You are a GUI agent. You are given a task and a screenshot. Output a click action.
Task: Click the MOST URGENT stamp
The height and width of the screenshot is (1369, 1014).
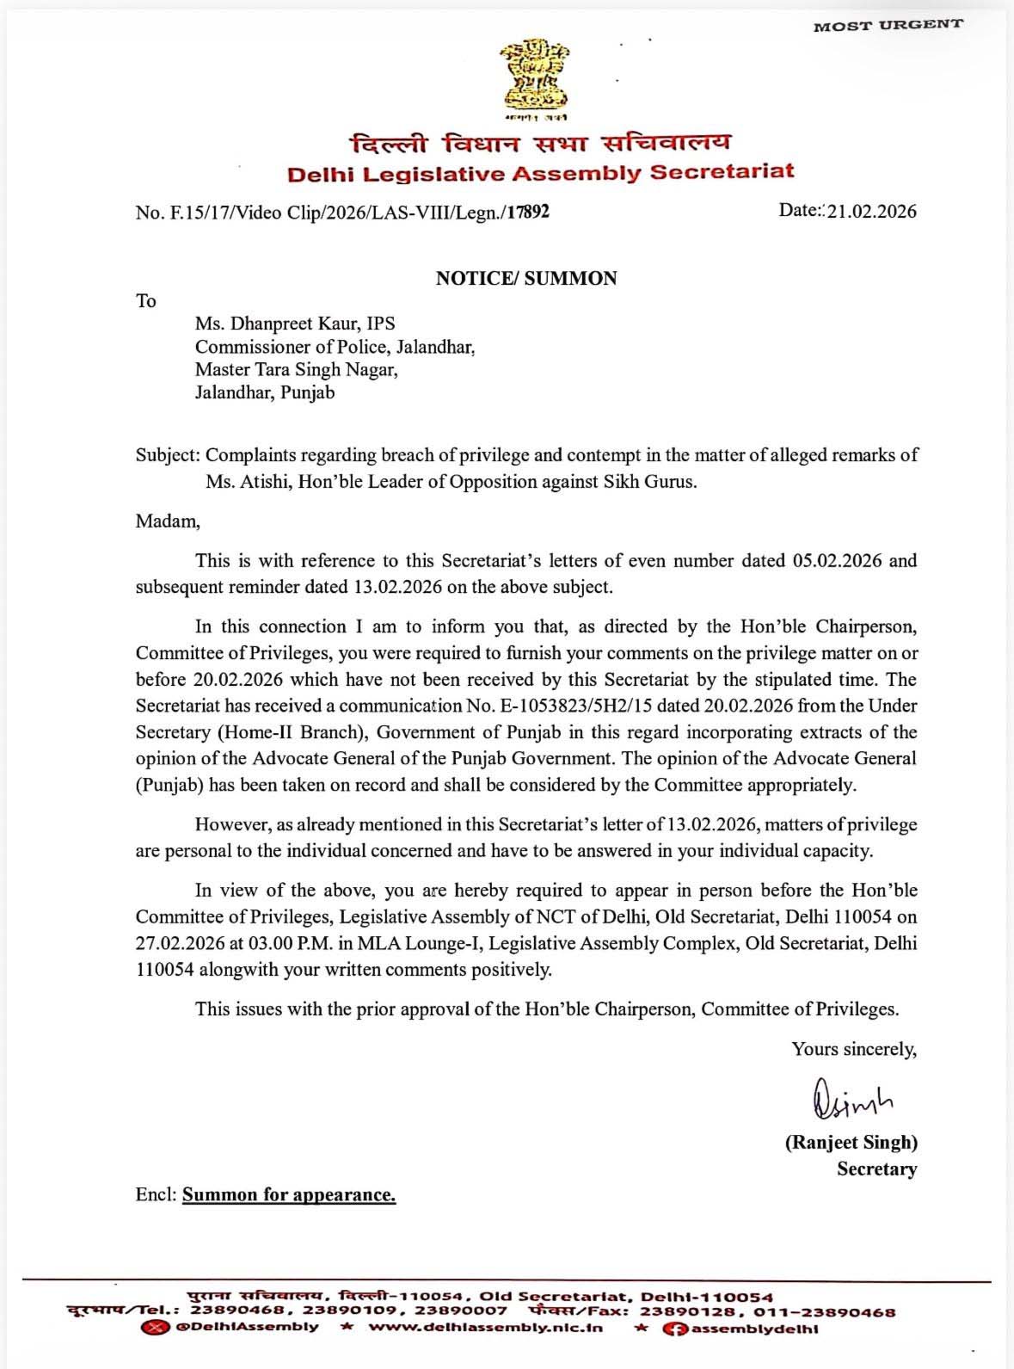click(x=888, y=25)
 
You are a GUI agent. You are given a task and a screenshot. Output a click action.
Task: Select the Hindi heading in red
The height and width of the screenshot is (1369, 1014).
click(x=541, y=143)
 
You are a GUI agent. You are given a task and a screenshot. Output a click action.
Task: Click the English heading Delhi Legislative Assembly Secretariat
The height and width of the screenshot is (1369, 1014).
click(x=540, y=173)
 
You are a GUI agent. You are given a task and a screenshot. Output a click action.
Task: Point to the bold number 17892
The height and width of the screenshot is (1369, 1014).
click(x=527, y=212)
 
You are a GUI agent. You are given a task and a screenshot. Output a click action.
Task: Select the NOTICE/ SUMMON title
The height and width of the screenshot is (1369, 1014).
click(x=526, y=278)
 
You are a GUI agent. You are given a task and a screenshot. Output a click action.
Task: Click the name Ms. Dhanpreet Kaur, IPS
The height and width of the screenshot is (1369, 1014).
click(x=295, y=324)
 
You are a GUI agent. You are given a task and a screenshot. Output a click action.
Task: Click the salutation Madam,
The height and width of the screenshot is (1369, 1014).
click(x=168, y=521)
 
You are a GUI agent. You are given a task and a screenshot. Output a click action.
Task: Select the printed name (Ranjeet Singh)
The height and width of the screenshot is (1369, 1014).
click(x=851, y=1143)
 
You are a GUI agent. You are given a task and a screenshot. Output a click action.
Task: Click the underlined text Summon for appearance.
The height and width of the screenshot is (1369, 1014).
click(x=289, y=1194)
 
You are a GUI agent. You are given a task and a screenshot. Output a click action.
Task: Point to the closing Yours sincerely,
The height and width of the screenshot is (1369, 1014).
click(x=854, y=1049)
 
